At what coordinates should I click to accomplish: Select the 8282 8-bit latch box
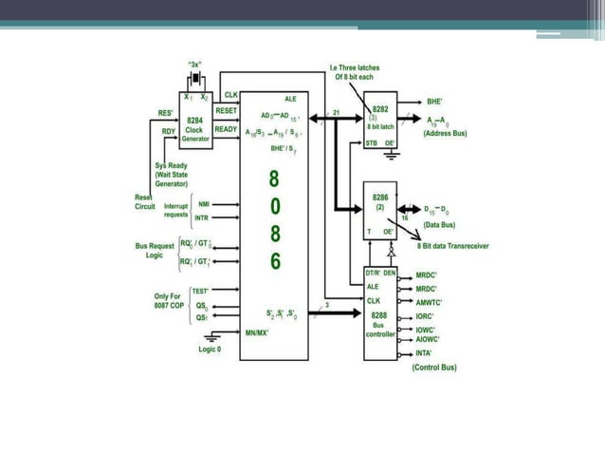pyautogui.click(x=381, y=120)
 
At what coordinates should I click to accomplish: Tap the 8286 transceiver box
pyautogui.click(x=380, y=209)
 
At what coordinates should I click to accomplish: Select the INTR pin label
pyautogui.click(x=201, y=218)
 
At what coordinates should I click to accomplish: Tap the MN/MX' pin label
pyautogui.click(x=254, y=333)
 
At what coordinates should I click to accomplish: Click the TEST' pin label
pyautogui.click(x=200, y=290)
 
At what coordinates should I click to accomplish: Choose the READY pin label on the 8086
pyautogui.click(x=226, y=128)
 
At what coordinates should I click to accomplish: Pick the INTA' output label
pyautogui.click(x=426, y=353)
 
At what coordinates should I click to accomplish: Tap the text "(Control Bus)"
pyautogui.click(x=435, y=368)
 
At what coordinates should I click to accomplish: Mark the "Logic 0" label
pyautogui.click(x=210, y=349)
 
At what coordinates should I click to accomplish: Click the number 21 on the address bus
pyautogui.click(x=337, y=112)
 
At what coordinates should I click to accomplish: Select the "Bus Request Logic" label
pyautogui.click(x=155, y=250)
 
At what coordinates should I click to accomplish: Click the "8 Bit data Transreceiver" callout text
pyautogui.click(x=454, y=245)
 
